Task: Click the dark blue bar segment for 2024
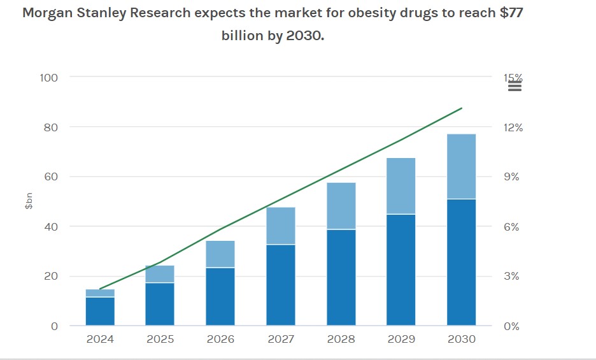[x=100, y=312]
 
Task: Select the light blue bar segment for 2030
[x=462, y=166]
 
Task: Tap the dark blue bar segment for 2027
[x=281, y=285]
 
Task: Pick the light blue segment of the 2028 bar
[x=341, y=206]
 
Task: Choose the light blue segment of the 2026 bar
[x=220, y=254]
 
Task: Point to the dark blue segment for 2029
[x=401, y=270]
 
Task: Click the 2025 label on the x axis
[x=160, y=339]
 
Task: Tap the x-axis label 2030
[x=462, y=339]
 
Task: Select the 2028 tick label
[x=341, y=339]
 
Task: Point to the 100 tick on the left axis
[x=49, y=78]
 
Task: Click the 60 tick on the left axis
[x=51, y=177]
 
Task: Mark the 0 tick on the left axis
[x=54, y=326]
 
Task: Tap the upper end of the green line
[x=462, y=108]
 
